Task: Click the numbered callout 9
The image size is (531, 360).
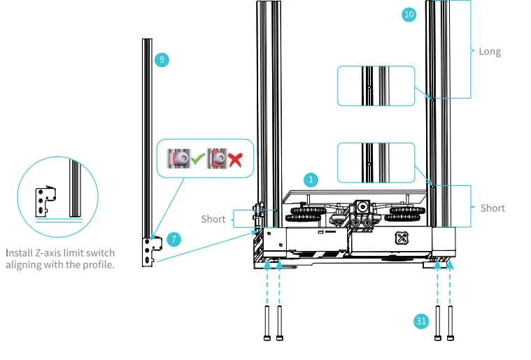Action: (162, 60)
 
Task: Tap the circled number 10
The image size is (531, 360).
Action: (409, 14)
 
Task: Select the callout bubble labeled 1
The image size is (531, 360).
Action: (310, 180)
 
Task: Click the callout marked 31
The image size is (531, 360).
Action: (420, 321)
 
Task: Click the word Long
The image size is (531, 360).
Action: (490, 52)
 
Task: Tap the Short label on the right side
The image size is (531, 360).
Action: (493, 208)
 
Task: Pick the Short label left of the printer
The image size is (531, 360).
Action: (213, 219)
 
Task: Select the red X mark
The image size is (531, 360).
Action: (234, 159)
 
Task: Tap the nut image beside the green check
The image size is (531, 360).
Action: (179, 159)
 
